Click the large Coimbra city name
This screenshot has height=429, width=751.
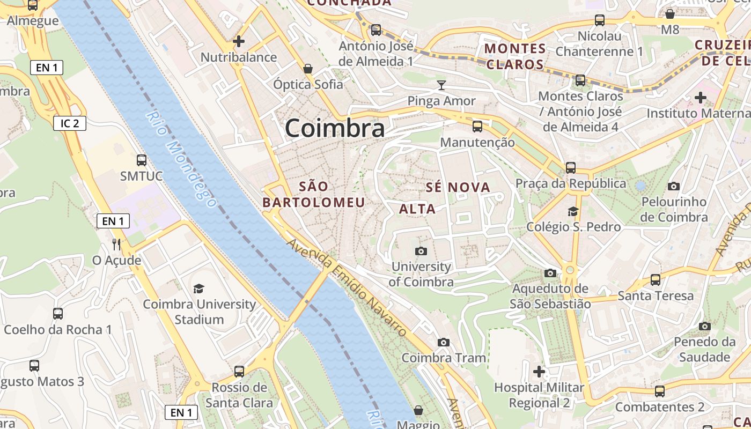pyautogui.click(x=335, y=128)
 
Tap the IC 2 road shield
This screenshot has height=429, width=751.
pyautogui.click(x=70, y=123)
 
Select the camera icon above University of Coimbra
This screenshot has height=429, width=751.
pyautogui.click(x=421, y=251)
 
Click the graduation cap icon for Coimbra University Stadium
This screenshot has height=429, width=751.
pyautogui.click(x=199, y=289)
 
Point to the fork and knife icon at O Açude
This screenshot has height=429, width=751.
pyautogui.click(x=116, y=245)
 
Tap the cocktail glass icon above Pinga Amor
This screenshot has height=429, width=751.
pyautogui.click(x=441, y=85)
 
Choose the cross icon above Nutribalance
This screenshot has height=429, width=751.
pyautogui.click(x=239, y=41)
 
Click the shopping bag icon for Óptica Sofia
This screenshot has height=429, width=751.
pyautogui.click(x=308, y=69)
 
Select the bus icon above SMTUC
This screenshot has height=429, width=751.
pyautogui.click(x=142, y=160)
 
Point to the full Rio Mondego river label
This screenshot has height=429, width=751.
pyautogui.click(x=181, y=159)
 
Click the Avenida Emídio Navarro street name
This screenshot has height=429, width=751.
pyautogui.click(x=347, y=287)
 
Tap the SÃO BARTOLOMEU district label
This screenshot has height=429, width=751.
pyautogui.click(x=314, y=194)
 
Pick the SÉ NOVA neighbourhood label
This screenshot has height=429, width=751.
pyautogui.click(x=458, y=187)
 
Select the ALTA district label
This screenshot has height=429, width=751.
pyautogui.click(x=417, y=209)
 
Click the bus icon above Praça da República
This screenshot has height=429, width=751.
pyautogui.click(x=571, y=167)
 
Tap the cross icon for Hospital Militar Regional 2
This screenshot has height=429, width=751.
pyautogui.click(x=539, y=371)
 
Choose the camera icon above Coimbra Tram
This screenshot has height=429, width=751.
pyautogui.click(x=444, y=342)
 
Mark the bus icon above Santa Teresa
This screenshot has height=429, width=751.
pyautogui.click(x=656, y=279)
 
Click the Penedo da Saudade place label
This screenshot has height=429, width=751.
pyautogui.click(x=705, y=349)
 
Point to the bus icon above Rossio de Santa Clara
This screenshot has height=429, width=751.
pyautogui.click(x=239, y=371)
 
